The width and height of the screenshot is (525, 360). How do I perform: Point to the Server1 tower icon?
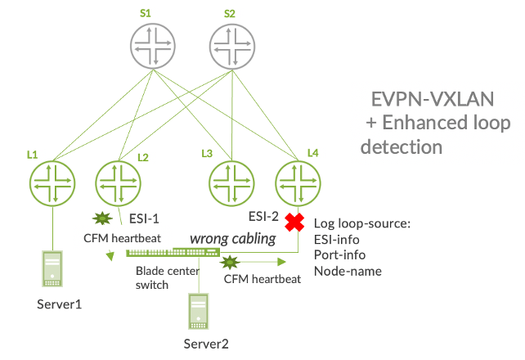click(x=52, y=269)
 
